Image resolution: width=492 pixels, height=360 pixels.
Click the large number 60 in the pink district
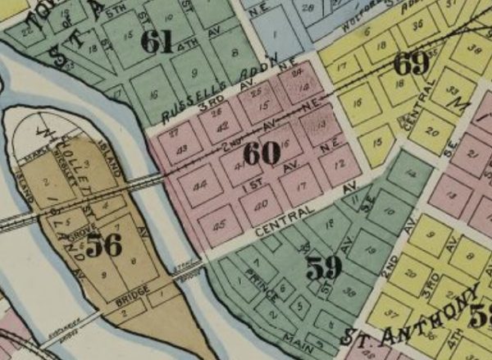(x=262, y=153)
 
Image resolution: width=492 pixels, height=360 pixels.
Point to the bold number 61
(x=157, y=43)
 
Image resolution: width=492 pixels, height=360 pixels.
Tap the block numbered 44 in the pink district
(x=199, y=187)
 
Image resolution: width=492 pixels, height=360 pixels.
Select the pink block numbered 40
(x=260, y=203)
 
